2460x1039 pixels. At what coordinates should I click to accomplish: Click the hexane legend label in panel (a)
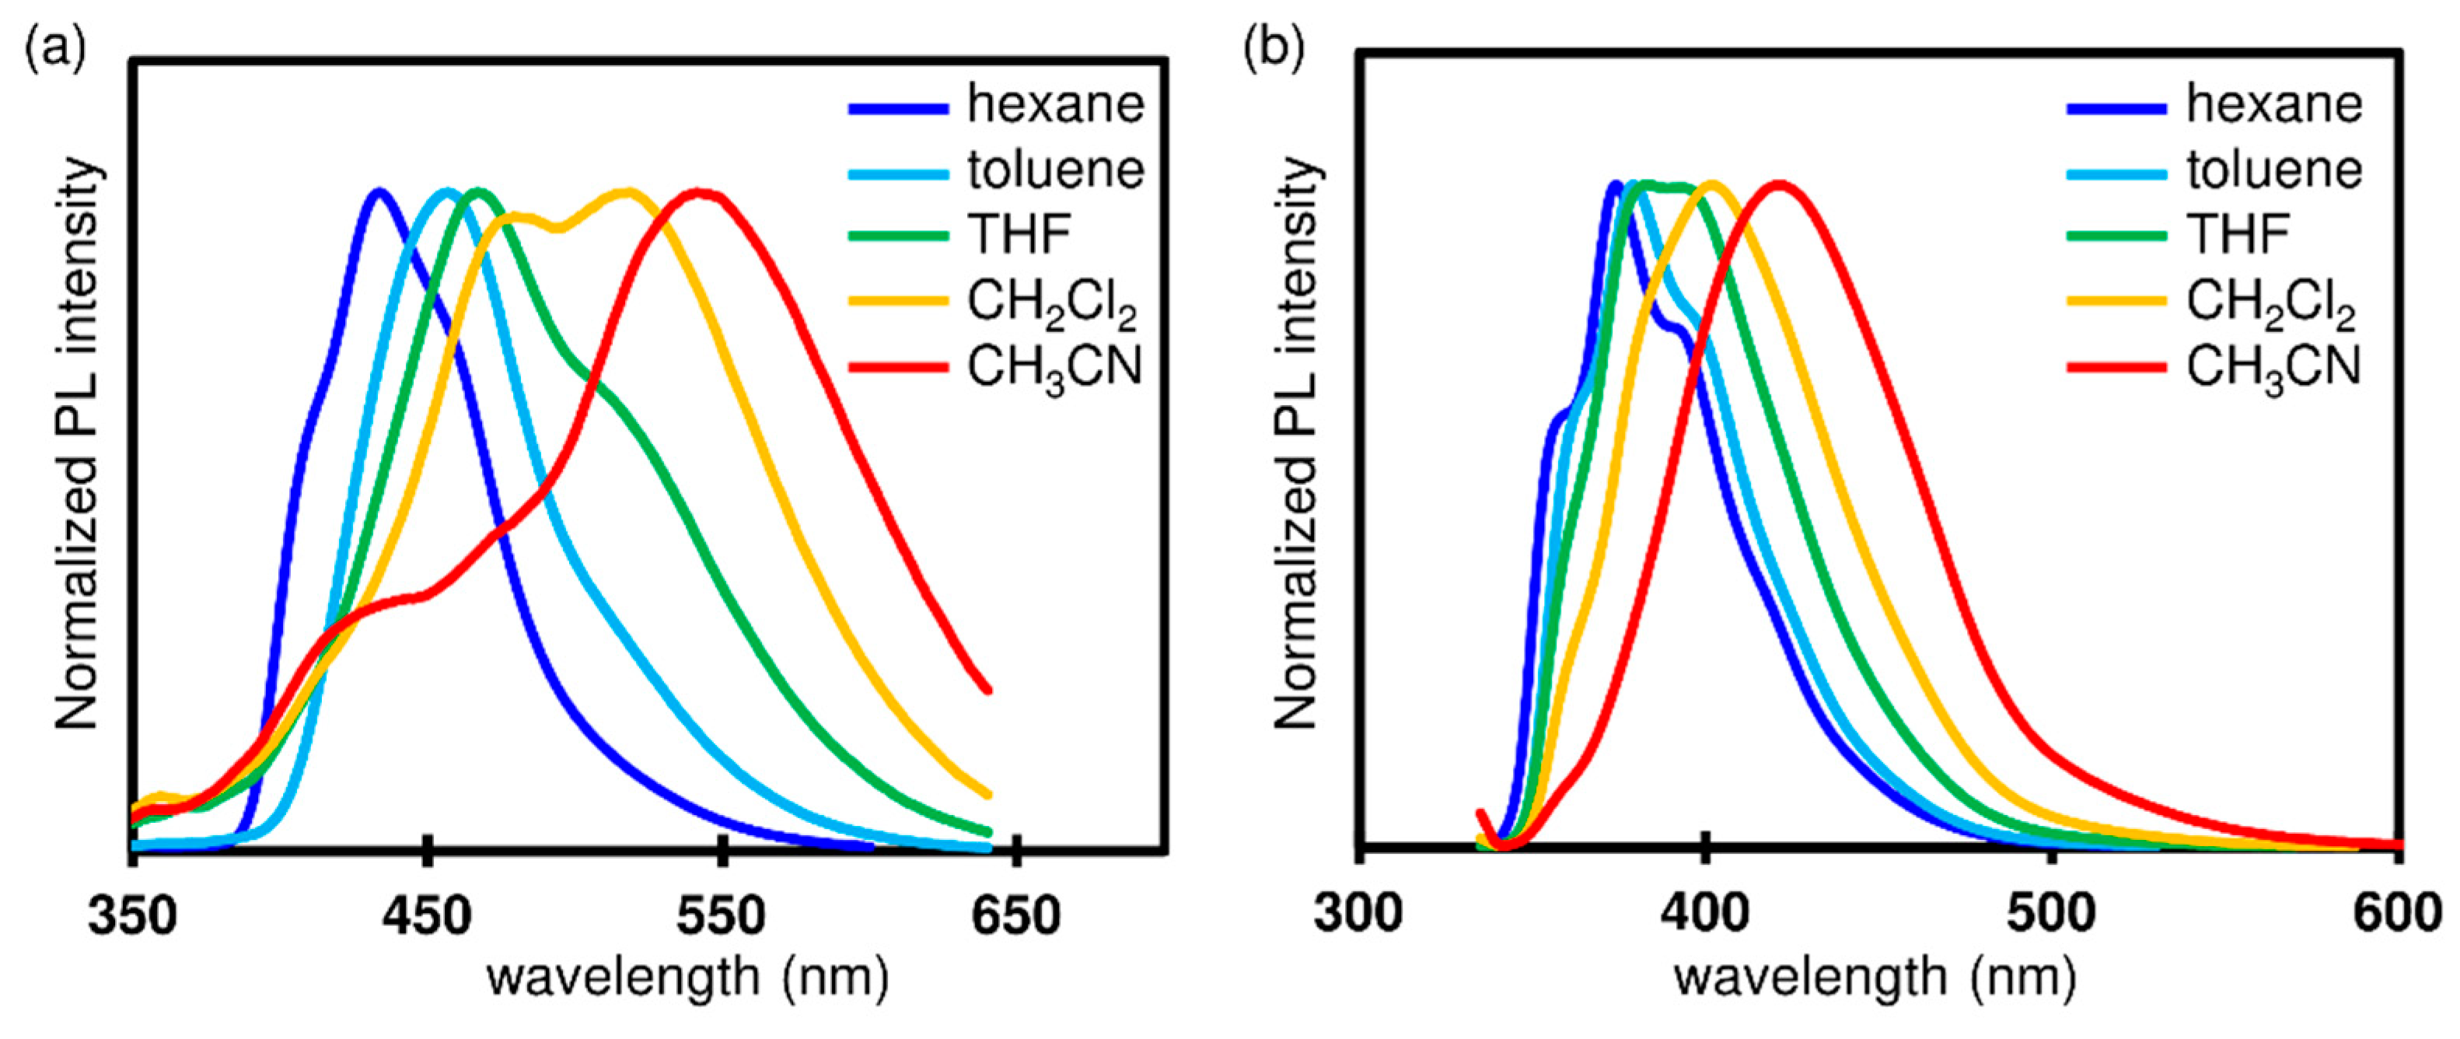[x=1055, y=104]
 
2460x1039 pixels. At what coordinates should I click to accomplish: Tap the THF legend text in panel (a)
[x=1019, y=234]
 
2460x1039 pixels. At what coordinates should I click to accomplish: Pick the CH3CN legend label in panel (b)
[x=2273, y=368]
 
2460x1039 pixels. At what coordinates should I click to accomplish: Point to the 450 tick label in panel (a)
[x=427, y=915]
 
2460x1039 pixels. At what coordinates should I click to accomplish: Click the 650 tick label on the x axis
[x=1015, y=915]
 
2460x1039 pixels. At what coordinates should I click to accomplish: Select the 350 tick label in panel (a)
[x=133, y=915]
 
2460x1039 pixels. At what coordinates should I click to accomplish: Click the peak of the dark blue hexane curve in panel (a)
[x=379, y=191]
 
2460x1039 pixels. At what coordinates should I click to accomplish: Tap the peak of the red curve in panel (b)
[x=1778, y=184]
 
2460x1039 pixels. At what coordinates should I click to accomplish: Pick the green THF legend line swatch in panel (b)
[x=2116, y=235]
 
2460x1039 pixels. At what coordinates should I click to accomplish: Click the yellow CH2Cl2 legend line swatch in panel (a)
[x=898, y=302]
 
